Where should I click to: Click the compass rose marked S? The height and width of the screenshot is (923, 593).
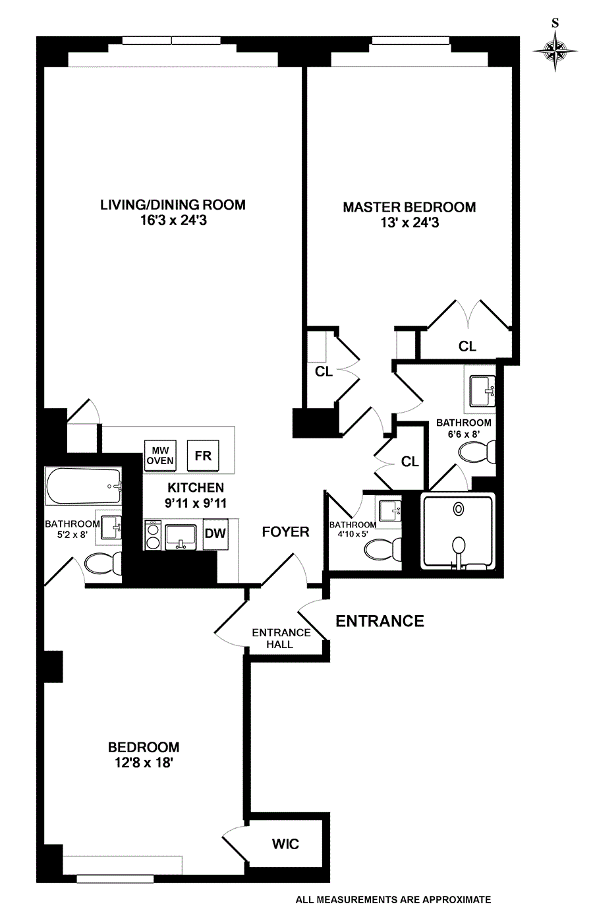[555, 50]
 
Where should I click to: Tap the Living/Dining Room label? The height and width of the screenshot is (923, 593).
[173, 204]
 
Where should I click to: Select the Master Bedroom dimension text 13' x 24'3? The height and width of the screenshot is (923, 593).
[409, 223]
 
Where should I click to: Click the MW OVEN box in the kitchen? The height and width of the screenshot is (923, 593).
[159, 456]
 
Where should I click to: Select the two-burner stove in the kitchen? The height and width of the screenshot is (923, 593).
[154, 535]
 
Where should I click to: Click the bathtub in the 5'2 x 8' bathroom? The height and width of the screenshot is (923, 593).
[84, 486]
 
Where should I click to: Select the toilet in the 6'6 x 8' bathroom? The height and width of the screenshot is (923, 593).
[478, 453]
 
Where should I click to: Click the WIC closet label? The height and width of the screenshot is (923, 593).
[285, 844]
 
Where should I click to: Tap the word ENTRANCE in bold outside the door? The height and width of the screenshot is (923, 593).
[380, 621]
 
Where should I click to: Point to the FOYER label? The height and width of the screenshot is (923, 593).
[285, 531]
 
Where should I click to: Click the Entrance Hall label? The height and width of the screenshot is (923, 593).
[281, 638]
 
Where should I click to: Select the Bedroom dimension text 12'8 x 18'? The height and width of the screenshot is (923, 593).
[144, 763]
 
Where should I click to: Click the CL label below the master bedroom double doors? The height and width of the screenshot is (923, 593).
[467, 346]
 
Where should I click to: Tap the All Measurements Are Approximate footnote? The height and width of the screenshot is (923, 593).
[393, 899]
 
